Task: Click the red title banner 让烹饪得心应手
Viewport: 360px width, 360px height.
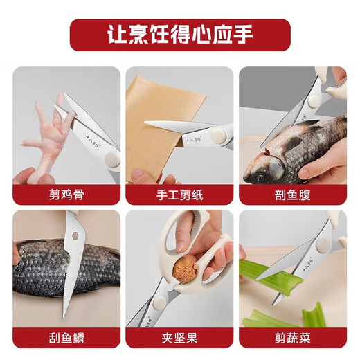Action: pos(179,35)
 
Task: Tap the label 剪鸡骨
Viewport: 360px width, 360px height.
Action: pos(66,195)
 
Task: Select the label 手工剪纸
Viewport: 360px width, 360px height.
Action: pos(179,195)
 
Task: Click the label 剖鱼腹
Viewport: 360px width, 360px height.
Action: pos(292,195)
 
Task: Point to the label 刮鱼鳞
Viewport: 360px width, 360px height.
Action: pos(66,338)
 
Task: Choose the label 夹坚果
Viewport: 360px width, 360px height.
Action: pos(179,338)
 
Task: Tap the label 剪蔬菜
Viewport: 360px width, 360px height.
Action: pos(292,338)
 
